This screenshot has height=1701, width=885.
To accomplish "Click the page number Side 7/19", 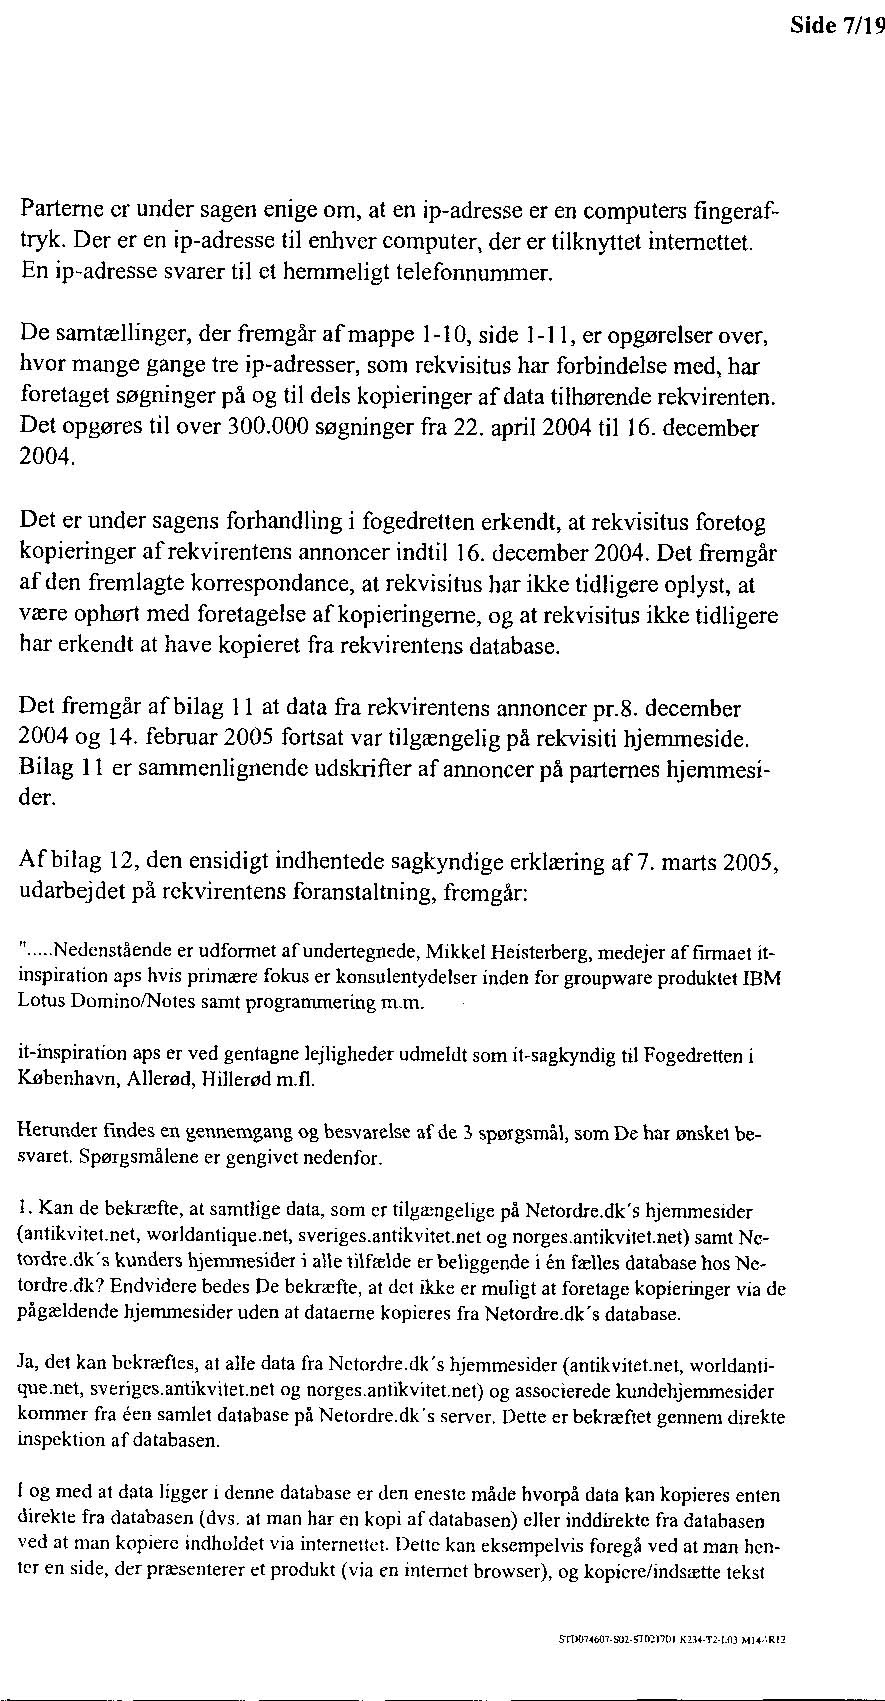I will [836, 26].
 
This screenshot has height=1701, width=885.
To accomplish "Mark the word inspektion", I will [60, 1441].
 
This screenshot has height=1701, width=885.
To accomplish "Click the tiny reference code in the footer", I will [671, 1640].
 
